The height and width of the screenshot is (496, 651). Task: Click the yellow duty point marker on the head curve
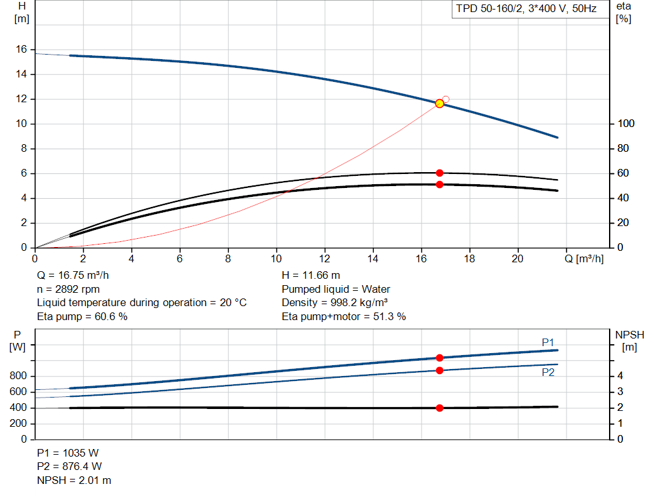tap(439, 103)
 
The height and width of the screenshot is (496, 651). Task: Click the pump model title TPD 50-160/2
tap(526, 9)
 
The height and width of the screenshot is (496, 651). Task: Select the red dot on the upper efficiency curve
tap(439, 173)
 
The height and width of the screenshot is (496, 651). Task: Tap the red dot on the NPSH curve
tap(439, 408)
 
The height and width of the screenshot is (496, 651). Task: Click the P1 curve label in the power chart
tap(548, 342)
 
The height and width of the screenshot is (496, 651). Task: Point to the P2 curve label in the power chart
tap(548, 373)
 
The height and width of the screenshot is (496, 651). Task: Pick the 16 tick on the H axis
tap(20, 49)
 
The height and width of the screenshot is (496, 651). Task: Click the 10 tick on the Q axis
tap(276, 259)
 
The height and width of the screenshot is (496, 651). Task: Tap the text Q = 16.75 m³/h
tap(76, 276)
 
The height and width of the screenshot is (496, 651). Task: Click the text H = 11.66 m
tap(310, 276)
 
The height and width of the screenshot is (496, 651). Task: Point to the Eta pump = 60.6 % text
tap(82, 316)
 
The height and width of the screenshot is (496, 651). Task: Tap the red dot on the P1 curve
tap(439, 358)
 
